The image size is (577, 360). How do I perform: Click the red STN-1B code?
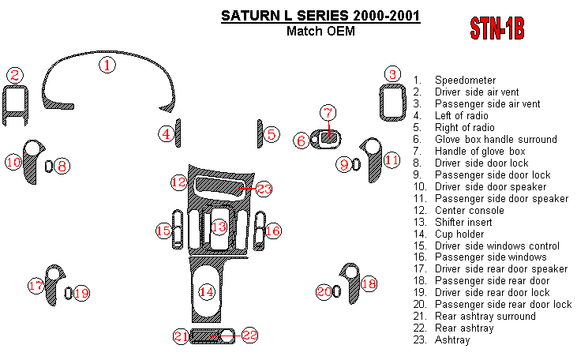click(497, 29)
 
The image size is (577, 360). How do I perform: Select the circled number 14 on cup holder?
click(207, 292)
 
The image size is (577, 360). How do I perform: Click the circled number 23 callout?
click(264, 189)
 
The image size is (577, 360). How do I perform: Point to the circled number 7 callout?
click(328, 112)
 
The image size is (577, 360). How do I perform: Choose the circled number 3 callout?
click(392, 75)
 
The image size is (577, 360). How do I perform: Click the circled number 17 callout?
click(36, 286)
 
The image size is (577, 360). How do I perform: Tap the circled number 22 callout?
click(249, 336)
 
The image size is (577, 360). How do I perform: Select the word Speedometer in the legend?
click(465, 81)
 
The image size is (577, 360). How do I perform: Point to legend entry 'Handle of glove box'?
click(479, 152)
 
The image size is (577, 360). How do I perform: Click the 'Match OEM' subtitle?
click(320, 32)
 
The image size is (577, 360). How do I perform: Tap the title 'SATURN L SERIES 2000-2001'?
click(320, 16)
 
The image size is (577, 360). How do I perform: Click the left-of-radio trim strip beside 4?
click(178, 133)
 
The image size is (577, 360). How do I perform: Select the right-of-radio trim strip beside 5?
click(258, 133)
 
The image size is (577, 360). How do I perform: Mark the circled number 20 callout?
click(324, 292)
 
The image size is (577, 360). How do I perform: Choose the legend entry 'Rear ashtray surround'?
click(485, 317)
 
